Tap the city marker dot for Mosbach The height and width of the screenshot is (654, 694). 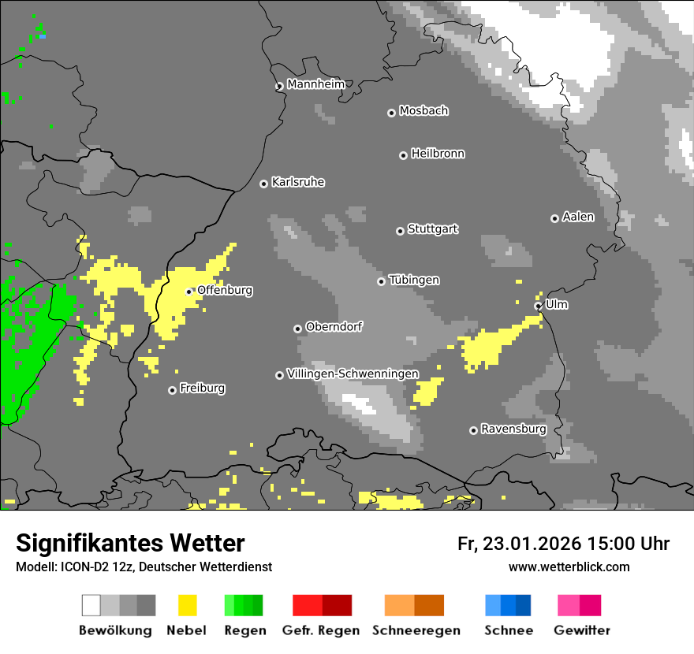coord(391,113)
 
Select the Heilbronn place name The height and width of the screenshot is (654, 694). coord(438,154)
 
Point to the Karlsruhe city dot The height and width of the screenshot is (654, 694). coord(264,184)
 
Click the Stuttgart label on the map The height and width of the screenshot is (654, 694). coord(432,229)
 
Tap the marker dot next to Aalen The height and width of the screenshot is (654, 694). coord(554,218)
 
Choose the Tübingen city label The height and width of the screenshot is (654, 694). coord(414,280)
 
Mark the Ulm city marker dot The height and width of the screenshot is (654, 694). coord(538,306)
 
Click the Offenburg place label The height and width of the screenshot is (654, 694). coord(225,290)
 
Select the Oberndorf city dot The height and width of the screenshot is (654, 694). coord(297,329)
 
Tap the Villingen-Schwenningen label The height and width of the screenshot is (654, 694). coord(353,373)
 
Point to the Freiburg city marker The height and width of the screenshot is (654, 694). coord(172,390)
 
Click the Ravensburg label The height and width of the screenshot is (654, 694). coord(513,429)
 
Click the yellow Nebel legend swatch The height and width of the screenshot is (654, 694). coord(187,605)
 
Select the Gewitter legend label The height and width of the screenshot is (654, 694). coord(582,630)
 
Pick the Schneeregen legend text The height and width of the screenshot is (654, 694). coord(416,630)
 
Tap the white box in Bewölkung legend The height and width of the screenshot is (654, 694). coord(91,605)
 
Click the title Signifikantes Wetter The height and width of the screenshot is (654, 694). coord(130,543)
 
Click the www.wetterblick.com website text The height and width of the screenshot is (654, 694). coord(569,567)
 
